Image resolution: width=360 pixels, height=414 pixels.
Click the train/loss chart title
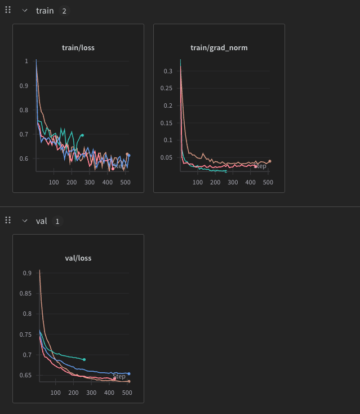click(x=78, y=48)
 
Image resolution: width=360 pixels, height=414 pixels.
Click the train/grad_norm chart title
click(x=219, y=48)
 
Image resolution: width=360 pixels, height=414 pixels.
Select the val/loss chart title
click(x=78, y=258)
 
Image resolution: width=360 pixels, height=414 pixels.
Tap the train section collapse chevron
click(x=25, y=11)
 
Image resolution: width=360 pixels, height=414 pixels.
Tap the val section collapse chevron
click(x=25, y=221)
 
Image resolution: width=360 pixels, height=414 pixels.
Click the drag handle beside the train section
click(x=8, y=11)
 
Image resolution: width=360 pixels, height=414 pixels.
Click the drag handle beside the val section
click(x=8, y=221)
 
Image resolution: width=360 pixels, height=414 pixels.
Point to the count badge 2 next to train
click(x=64, y=11)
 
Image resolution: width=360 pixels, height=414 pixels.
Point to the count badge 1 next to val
click(x=57, y=221)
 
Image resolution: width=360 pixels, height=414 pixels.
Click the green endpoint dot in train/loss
click(x=82, y=135)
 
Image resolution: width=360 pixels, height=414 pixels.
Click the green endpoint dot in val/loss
click(x=84, y=359)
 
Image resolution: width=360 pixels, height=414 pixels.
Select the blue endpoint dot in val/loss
click(x=129, y=373)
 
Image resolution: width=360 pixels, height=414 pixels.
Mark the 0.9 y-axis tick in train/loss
click(x=24, y=86)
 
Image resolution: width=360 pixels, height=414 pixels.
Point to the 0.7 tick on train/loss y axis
click(x=24, y=134)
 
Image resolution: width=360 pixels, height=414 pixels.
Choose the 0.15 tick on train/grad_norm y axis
click(x=167, y=123)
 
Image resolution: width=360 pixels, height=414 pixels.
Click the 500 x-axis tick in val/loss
click(x=127, y=393)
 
